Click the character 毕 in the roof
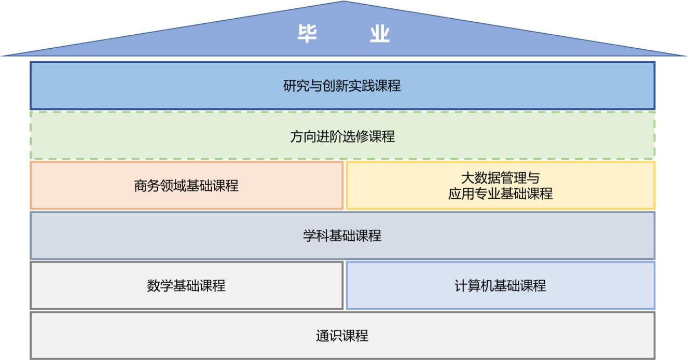click(307, 34)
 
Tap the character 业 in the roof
click(379, 34)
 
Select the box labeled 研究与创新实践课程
click(156, 86)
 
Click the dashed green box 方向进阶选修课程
click(156, 136)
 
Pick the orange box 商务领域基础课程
click(78, 186)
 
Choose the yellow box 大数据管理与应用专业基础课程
click(597, 186)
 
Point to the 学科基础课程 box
click(156, 236)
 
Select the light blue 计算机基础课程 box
click(597, 285)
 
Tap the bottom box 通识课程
click(156, 336)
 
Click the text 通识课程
click(342, 336)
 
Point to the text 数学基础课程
click(186, 285)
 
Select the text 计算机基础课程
click(500, 285)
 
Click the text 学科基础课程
click(342, 236)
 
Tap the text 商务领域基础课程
click(186, 186)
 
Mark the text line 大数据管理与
click(500, 178)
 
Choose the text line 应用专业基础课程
click(500, 193)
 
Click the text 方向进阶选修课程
click(342, 136)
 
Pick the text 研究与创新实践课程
click(342, 86)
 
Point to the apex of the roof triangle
click(343, 2)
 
